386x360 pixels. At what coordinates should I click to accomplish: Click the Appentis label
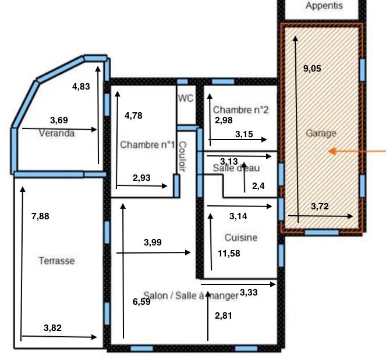pyautogui.click(x=324, y=6)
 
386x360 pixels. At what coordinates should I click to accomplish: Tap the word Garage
pyautogui.click(x=321, y=133)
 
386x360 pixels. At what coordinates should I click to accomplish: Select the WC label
pyautogui.click(x=186, y=98)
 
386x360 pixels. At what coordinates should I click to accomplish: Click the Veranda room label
pyautogui.click(x=56, y=133)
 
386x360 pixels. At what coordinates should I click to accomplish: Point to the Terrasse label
pyautogui.click(x=56, y=261)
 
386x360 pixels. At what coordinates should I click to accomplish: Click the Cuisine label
pyautogui.click(x=241, y=238)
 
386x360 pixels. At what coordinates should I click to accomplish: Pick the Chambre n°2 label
pyautogui.click(x=240, y=110)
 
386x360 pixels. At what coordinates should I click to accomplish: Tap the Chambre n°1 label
pyautogui.click(x=147, y=145)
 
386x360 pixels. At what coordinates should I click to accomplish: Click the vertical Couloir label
pyautogui.click(x=182, y=157)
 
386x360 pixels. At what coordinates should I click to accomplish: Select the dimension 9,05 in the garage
pyautogui.click(x=312, y=68)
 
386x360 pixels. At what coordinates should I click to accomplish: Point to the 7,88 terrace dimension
pyautogui.click(x=40, y=216)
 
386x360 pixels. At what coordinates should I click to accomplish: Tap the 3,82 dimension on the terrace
pyautogui.click(x=52, y=327)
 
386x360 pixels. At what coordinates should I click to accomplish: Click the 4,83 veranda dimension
pyautogui.click(x=81, y=87)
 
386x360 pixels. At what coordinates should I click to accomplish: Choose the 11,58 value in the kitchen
pyautogui.click(x=229, y=254)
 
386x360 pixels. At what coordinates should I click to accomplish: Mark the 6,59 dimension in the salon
pyautogui.click(x=141, y=301)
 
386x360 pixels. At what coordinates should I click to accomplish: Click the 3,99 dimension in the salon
pyautogui.click(x=153, y=242)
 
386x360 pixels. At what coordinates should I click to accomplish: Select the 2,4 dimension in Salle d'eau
pyautogui.click(x=257, y=186)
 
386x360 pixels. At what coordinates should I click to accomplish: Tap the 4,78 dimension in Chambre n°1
pyautogui.click(x=133, y=115)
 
